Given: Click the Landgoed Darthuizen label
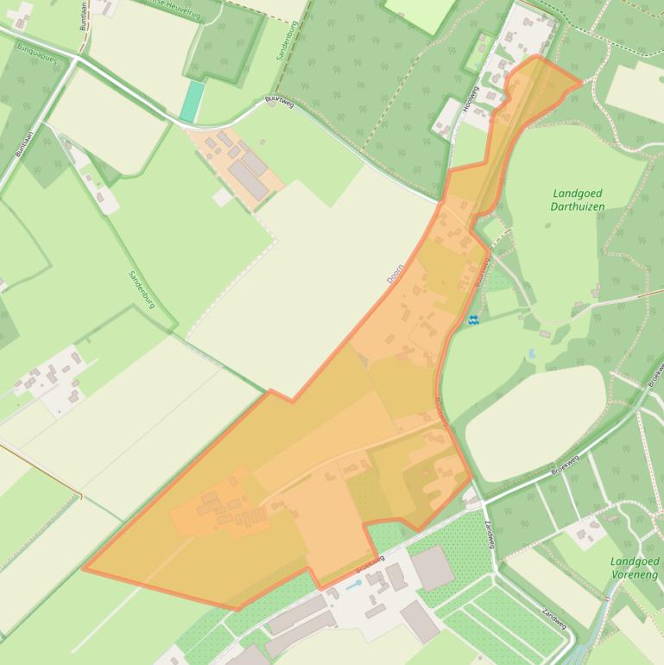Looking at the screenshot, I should (577, 200).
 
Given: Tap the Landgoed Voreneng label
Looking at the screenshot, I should (633, 567).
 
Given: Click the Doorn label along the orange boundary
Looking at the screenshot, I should (395, 275).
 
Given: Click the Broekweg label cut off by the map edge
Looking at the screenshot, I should (656, 373).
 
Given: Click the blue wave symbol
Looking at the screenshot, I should (473, 320).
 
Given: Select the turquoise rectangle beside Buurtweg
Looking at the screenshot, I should (193, 102).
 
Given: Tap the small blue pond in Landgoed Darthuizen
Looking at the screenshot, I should (531, 354).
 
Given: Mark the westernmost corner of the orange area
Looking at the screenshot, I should (84, 568).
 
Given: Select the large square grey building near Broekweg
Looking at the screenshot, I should (433, 568).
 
